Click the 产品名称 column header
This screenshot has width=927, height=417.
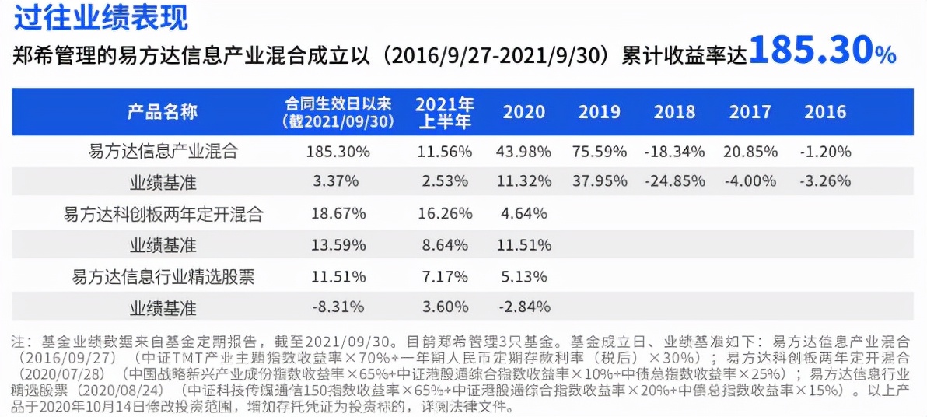163,112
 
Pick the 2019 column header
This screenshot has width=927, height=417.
599,112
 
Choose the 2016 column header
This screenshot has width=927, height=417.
825,112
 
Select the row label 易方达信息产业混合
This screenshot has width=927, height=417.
163,150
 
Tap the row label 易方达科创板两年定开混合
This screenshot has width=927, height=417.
163,214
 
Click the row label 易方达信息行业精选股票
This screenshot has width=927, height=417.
163,276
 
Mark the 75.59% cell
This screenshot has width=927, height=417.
599,150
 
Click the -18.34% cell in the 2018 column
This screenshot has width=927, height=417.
674,150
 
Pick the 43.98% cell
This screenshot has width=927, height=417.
523,150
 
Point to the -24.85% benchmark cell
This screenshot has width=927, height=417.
674,181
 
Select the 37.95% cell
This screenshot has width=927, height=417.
599,181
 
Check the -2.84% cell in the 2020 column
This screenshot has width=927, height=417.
523,307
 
